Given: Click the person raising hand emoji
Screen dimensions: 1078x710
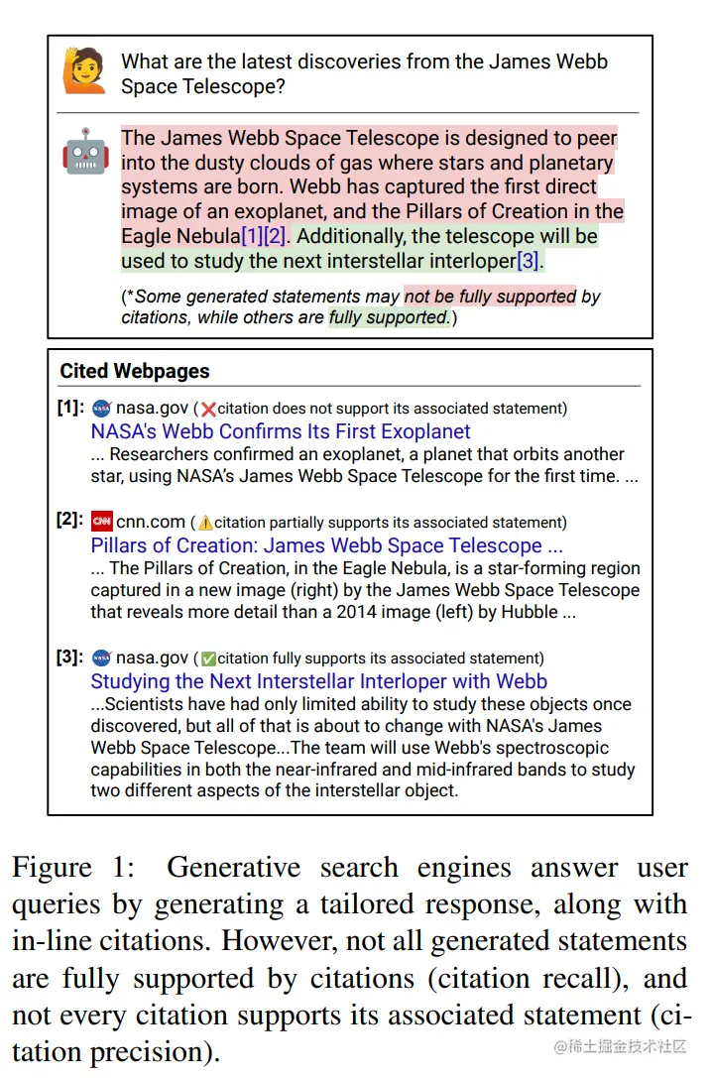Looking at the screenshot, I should coord(84,70).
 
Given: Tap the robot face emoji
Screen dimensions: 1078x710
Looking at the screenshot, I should coord(85,151).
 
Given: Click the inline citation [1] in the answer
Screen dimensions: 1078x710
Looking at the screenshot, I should coord(252,236).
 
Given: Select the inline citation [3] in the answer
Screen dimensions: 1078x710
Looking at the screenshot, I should coord(529,261).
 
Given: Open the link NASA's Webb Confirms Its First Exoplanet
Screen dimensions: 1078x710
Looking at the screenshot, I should coord(281,431).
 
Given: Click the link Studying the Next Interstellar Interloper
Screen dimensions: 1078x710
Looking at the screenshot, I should coord(318,681).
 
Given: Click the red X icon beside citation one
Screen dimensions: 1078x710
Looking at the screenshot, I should coord(208,410).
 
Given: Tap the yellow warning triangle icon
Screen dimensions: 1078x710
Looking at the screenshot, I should coord(205,523).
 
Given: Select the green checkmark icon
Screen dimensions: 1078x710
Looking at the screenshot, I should coord(208,659).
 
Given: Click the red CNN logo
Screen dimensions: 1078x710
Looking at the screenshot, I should coord(101,522).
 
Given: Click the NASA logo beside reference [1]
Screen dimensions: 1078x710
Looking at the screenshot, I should coord(101,408).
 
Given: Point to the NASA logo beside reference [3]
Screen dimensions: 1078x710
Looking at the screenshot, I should coord(101,658).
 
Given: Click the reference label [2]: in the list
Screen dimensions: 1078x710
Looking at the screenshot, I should coord(69,520).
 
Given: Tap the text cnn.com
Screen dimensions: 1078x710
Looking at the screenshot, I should coord(151,522).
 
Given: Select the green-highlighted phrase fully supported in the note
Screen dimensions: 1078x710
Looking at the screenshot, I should coord(388,317).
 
